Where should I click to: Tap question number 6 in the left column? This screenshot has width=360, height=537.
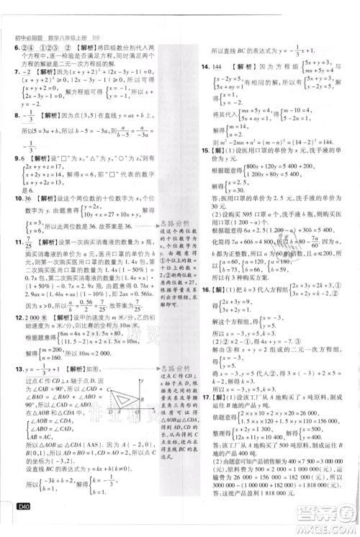click(16, 48)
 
